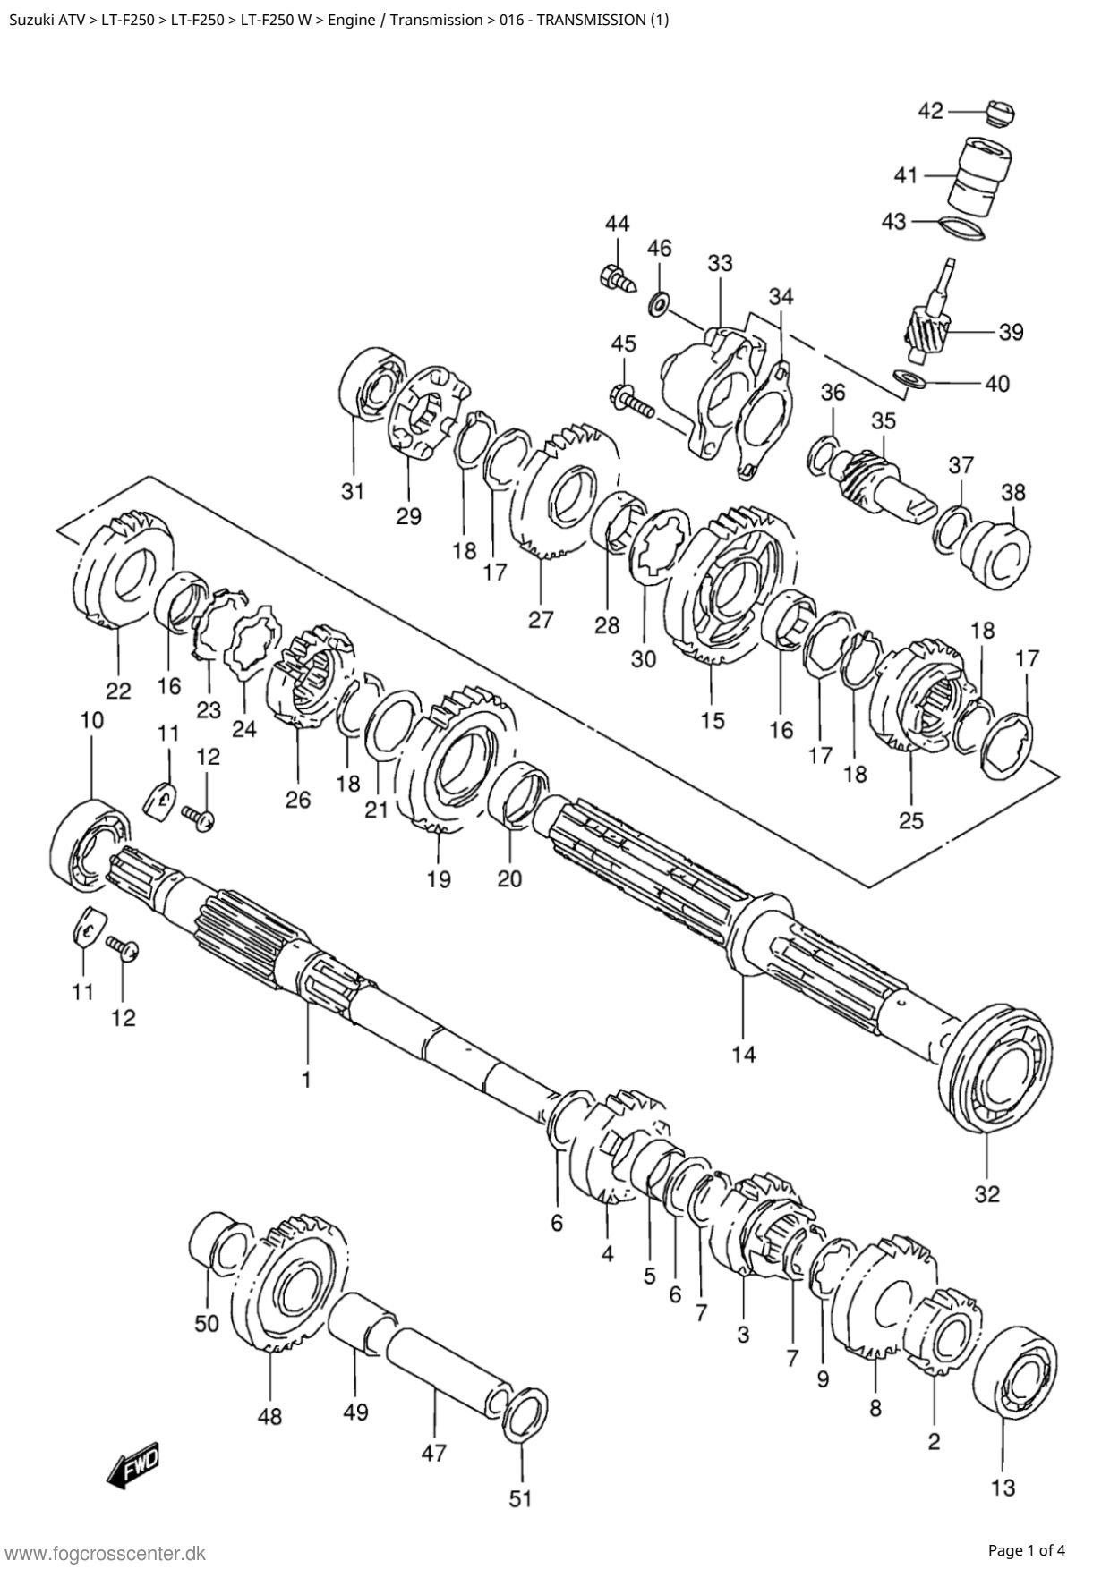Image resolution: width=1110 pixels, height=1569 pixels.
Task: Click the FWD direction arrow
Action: (x=132, y=1467)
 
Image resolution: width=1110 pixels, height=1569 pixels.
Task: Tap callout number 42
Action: (x=931, y=111)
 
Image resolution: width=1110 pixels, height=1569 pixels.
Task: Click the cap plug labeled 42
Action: (x=998, y=114)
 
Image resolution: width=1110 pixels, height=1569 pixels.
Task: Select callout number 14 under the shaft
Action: (x=743, y=1055)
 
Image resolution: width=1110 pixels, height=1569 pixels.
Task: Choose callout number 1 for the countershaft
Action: (x=306, y=1080)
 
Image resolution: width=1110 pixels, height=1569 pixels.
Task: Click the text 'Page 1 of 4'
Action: (x=1027, y=1550)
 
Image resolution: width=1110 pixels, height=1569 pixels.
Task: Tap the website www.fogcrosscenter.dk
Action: (x=106, y=1553)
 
